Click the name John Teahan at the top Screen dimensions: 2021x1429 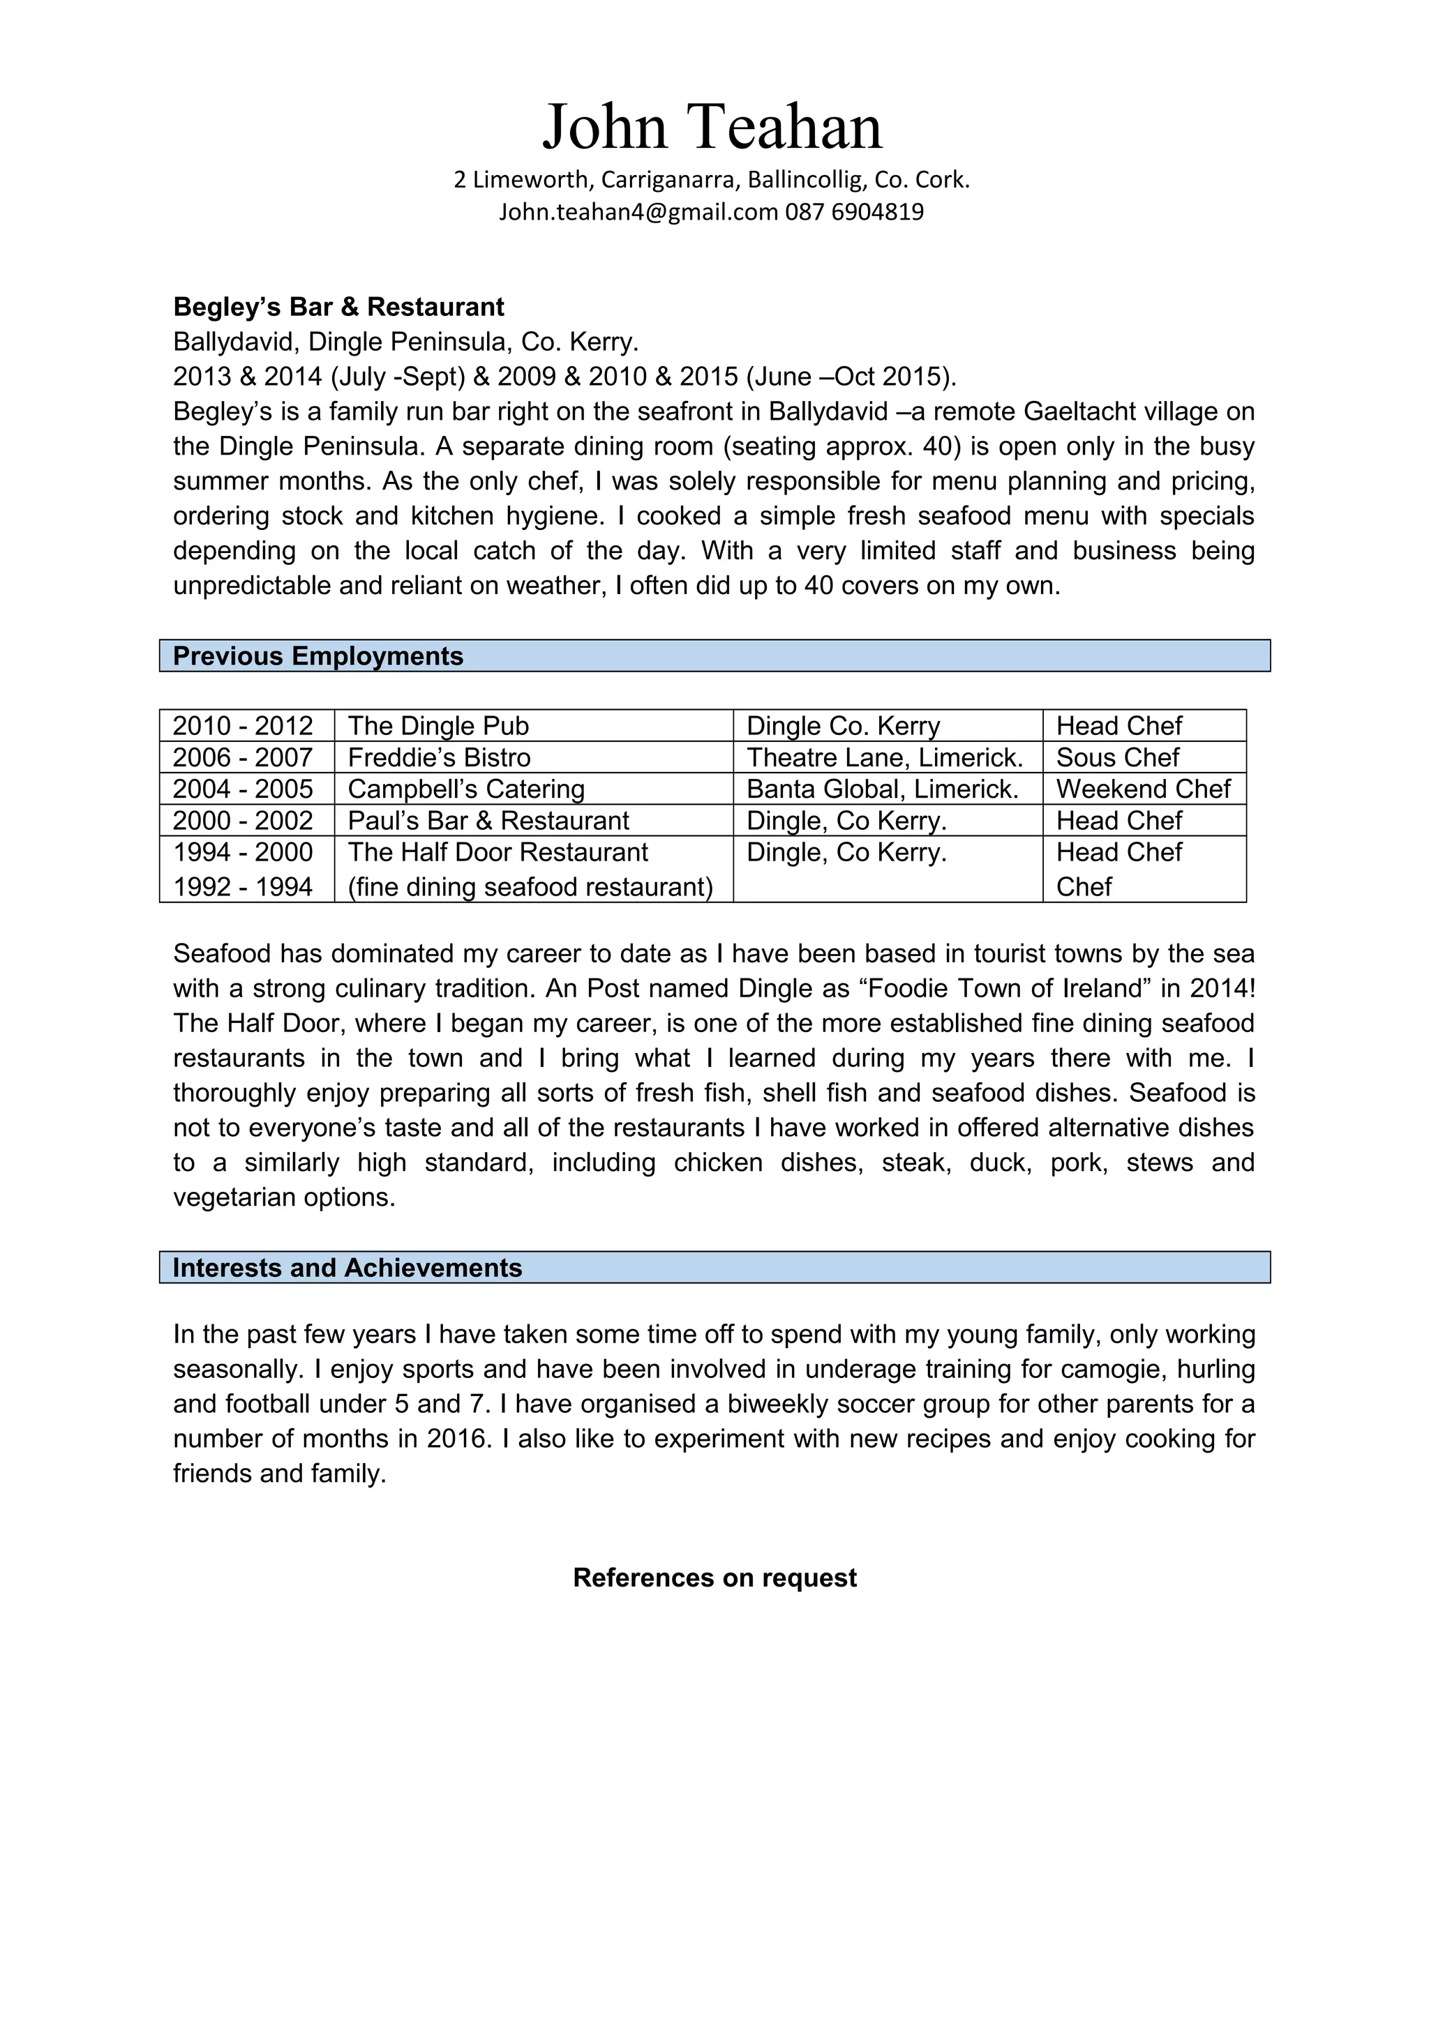(712, 127)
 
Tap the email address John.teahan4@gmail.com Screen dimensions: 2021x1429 (638, 212)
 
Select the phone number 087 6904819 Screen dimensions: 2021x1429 (854, 212)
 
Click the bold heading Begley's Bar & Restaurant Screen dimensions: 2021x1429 (338, 308)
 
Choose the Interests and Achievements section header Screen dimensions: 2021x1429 (347, 1268)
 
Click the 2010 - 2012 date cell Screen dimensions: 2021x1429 (243, 726)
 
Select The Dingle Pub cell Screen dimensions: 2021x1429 (438, 726)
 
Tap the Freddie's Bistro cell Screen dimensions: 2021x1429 (440, 758)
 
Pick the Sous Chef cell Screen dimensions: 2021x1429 (1117, 758)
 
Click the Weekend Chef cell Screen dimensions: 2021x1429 (1143, 789)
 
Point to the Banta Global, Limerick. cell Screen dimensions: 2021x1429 (882, 789)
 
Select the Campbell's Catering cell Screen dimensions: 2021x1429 (467, 789)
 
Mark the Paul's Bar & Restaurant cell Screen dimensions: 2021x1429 (488, 822)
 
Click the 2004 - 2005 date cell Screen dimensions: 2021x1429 (243, 789)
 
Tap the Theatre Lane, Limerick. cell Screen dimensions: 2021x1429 (885, 758)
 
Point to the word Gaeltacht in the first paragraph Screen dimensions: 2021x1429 (1082, 412)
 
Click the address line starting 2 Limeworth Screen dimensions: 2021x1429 (712, 179)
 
